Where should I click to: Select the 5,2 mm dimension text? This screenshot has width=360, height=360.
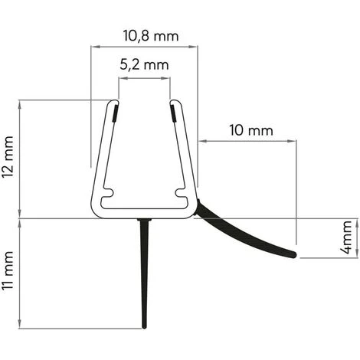pos(144,65)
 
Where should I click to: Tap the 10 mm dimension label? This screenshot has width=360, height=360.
pos(250,130)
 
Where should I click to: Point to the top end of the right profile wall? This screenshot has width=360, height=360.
pos(173,100)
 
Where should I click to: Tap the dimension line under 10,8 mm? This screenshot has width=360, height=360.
pos(144,46)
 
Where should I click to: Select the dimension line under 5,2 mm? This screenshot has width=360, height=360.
pos(144,77)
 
